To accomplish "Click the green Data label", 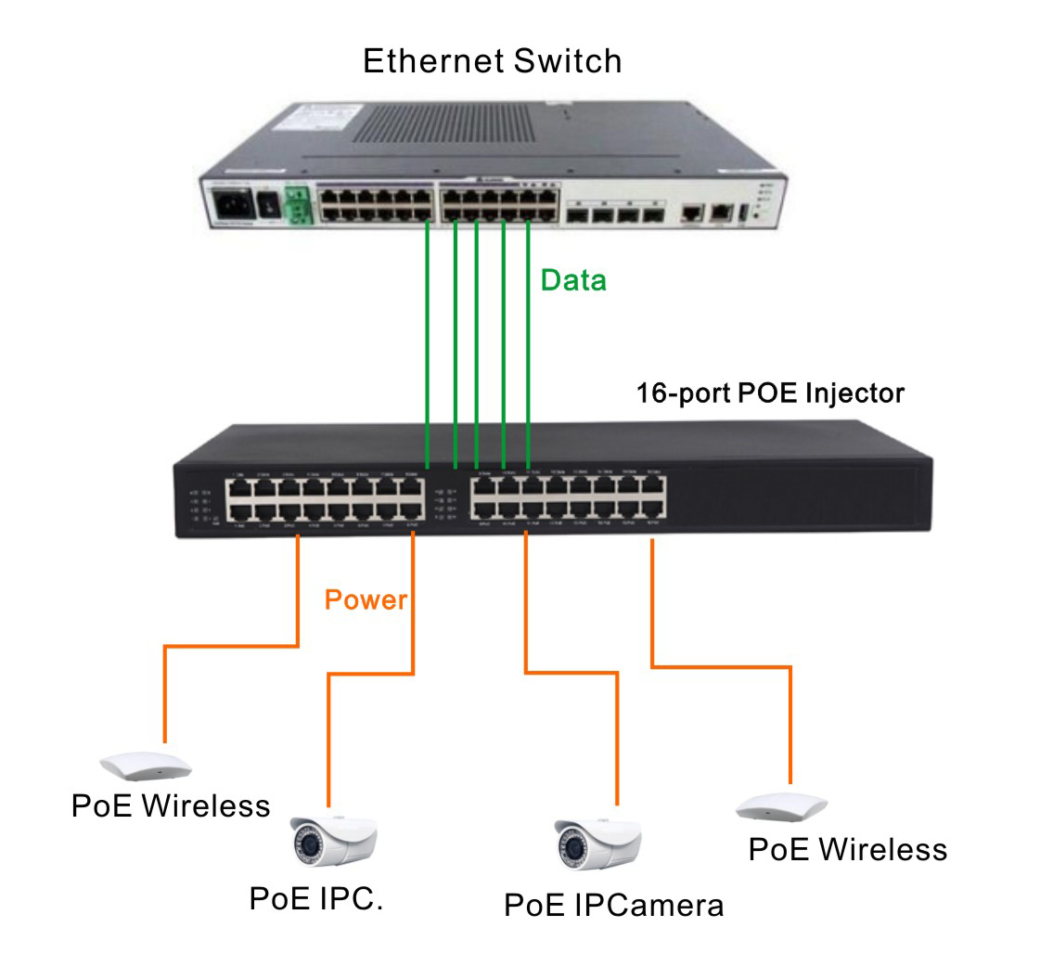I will (x=573, y=280).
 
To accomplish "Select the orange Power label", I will (x=366, y=599).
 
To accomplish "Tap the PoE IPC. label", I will (x=316, y=897).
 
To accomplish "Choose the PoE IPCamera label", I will (x=613, y=904).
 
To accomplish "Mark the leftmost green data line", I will (x=427, y=343).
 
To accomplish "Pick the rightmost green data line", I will (x=528, y=343).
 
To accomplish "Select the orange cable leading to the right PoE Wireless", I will (x=790, y=715).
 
